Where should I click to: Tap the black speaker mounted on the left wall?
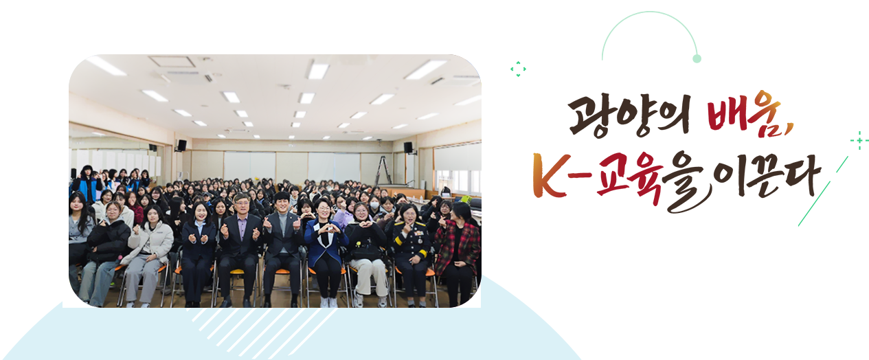(x=181, y=145)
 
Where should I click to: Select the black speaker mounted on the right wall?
(x=408, y=147)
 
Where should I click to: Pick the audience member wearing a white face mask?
(x=373, y=205)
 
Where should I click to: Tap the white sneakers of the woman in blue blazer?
(x=328, y=302)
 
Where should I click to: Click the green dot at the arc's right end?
(x=697, y=59)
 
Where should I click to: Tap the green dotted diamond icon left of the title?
(x=518, y=68)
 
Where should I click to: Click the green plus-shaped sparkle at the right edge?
(x=859, y=141)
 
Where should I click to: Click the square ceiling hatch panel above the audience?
(x=172, y=61)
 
